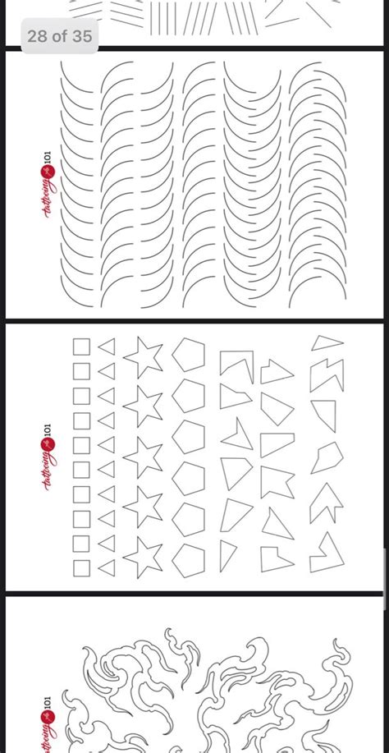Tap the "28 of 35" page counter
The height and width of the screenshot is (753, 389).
click(59, 36)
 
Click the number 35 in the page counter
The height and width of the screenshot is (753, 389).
click(82, 36)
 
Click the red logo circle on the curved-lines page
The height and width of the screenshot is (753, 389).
click(48, 172)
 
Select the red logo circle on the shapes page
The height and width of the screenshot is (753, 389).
click(48, 445)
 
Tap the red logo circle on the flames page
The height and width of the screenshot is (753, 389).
click(48, 718)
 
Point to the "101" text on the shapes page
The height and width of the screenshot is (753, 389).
click(47, 430)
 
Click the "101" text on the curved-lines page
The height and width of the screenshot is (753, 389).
click(47, 158)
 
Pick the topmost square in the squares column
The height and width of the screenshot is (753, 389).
click(81, 347)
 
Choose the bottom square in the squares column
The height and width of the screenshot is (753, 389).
click(81, 568)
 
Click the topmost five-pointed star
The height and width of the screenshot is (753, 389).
click(143, 356)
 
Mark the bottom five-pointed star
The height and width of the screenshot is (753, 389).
click(143, 557)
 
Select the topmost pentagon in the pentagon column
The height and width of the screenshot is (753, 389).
click(189, 355)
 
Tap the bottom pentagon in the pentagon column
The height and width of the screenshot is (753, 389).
click(189, 560)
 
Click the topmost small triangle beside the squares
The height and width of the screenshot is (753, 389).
click(108, 347)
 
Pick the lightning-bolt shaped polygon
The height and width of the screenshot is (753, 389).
click(327, 374)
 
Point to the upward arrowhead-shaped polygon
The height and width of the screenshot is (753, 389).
click(327, 503)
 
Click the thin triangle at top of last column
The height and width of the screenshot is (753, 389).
click(327, 343)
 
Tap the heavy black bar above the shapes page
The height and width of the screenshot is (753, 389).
click(194, 320)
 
